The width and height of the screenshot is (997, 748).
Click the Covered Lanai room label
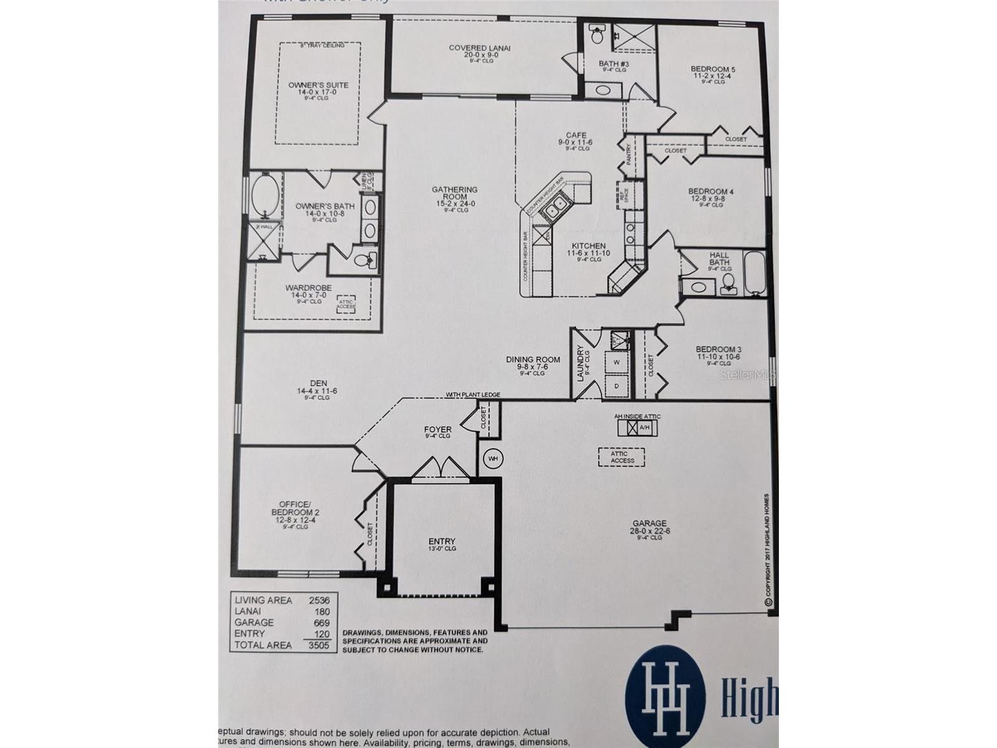click(479, 48)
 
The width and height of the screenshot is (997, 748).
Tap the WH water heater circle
click(494, 459)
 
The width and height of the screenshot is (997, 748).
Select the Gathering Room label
click(454, 193)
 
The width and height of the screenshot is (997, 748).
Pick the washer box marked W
click(617, 362)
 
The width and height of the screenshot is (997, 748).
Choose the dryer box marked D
click(617, 386)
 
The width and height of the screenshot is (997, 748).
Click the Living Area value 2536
click(319, 600)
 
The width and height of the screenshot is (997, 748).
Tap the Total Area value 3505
click(319, 645)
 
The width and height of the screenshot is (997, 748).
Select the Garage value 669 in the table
click(322, 623)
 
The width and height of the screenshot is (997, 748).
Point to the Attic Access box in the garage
click(622, 458)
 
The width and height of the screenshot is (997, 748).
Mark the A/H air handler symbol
click(637, 428)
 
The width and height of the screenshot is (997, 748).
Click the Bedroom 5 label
click(713, 69)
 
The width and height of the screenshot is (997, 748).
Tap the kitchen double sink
click(554, 211)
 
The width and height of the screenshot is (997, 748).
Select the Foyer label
click(437, 429)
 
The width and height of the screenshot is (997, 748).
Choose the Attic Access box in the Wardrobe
click(346, 305)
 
